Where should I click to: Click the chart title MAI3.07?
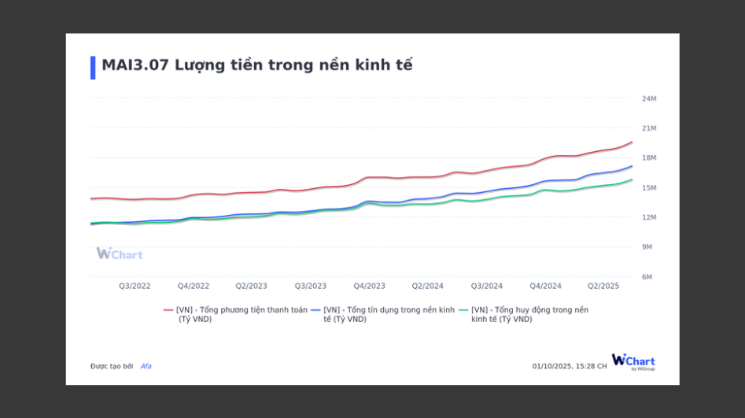[x=256, y=65]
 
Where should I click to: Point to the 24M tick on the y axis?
[x=649, y=98]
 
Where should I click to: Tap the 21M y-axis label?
[x=649, y=128]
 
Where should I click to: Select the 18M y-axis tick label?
[x=649, y=158]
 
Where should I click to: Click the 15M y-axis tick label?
[x=649, y=188]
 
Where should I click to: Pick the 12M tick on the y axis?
[x=649, y=217]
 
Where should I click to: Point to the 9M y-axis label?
[x=647, y=247]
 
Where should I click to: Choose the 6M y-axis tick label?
[x=647, y=277]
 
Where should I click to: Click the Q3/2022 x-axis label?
[x=135, y=286]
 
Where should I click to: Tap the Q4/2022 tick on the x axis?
[x=194, y=286]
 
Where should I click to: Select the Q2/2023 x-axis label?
[x=252, y=286]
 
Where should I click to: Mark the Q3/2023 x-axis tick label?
[x=311, y=286]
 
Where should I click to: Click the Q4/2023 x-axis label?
[x=369, y=286]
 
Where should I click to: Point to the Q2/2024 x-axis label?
[x=428, y=286]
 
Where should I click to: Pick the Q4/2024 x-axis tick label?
[x=545, y=286]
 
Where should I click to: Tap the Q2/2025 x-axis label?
[x=604, y=286]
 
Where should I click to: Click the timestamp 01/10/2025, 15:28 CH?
[x=570, y=366]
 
